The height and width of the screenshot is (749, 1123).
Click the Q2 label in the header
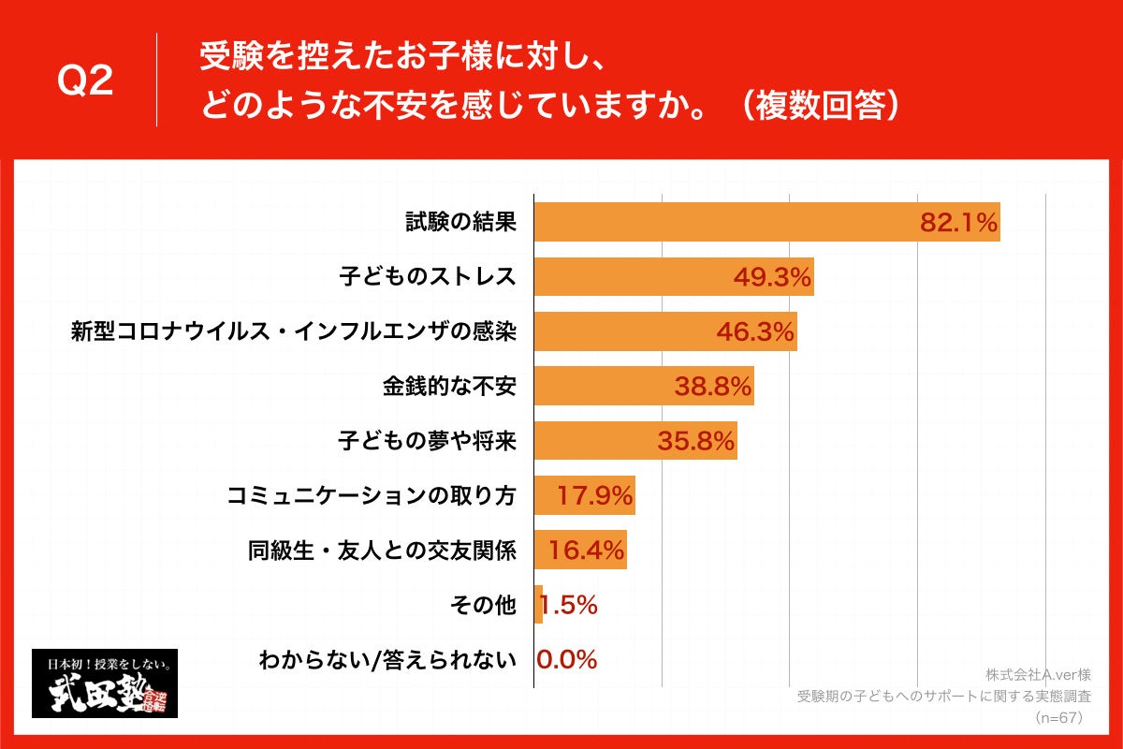click(85, 82)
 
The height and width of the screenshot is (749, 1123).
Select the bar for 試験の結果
click(730, 222)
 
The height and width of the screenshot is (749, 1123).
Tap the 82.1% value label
click(959, 222)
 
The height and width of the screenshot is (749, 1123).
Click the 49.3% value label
click(772, 276)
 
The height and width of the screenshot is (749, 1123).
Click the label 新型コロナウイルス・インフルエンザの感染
click(294, 331)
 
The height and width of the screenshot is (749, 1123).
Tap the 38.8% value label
click(713, 386)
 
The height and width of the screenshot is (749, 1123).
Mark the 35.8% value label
click(696, 441)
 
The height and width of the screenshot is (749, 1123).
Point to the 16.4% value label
click(586, 551)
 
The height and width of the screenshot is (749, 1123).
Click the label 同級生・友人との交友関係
click(382, 551)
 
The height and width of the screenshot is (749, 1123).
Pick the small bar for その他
click(538, 605)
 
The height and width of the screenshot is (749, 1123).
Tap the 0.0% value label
click(567, 660)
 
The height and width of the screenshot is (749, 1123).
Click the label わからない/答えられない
click(387, 660)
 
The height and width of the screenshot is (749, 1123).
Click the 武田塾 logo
click(105, 683)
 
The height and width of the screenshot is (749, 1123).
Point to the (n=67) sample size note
click(1059, 718)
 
